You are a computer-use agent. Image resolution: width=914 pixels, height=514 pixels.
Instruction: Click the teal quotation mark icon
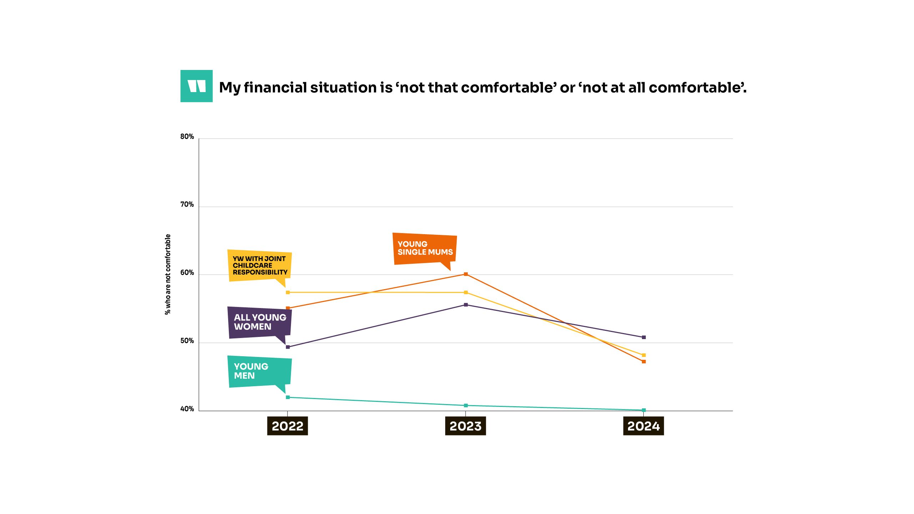tap(196, 86)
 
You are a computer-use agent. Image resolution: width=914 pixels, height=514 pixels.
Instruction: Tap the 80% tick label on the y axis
tap(187, 137)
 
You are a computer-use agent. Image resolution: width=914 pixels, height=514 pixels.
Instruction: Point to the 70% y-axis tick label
tap(187, 205)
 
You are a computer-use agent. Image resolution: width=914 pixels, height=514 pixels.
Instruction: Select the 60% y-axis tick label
tap(187, 273)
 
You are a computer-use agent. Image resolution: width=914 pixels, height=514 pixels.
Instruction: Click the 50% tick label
tap(187, 341)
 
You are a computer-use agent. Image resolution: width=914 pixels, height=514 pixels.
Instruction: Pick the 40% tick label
tap(187, 409)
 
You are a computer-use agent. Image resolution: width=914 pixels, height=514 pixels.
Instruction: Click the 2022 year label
tap(287, 426)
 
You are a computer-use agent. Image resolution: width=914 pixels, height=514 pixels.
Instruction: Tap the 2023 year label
tap(465, 426)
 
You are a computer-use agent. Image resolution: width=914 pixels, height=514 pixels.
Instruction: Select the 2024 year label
tap(643, 426)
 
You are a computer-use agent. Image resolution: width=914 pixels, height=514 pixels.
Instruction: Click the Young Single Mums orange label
tap(425, 248)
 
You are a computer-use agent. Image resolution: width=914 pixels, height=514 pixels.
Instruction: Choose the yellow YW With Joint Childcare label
tap(260, 266)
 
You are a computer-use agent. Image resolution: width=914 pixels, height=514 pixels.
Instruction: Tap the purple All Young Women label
tap(260, 322)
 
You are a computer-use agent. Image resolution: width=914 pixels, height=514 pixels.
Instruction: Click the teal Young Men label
tap(260, 371)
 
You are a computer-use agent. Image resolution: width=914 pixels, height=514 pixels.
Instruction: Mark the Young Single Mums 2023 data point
tap(466, 274)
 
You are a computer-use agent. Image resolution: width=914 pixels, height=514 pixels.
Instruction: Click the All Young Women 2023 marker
tap(466, 305)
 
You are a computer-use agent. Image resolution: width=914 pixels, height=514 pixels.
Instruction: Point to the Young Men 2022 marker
tap(288, 397)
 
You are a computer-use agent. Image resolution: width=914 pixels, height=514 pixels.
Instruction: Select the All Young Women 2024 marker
tap(644, 337)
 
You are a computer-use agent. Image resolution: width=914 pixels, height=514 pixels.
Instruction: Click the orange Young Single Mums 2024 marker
tap(644, 362)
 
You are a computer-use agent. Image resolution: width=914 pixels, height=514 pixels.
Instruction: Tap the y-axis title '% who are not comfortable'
tap(168, 274)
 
